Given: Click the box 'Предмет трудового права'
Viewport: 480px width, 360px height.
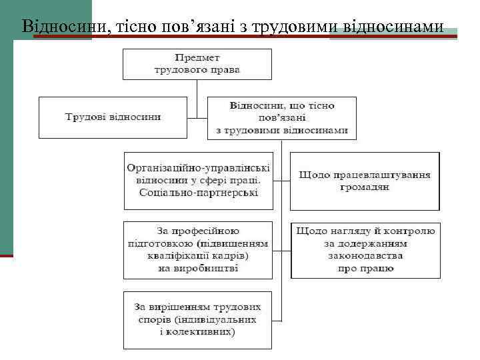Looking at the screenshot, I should pos(197,64).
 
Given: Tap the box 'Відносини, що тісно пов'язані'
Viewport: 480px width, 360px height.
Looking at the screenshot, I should pos(282,117).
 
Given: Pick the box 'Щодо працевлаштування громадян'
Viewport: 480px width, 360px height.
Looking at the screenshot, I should pos(365,181).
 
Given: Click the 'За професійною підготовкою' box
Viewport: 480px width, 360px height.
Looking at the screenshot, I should pos(198,249).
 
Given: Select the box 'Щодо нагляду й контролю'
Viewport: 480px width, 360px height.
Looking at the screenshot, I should pos(365,249).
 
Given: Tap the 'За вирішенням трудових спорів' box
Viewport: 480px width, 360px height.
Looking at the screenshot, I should pos(198,319).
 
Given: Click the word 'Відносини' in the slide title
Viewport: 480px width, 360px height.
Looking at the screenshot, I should pos(55,26).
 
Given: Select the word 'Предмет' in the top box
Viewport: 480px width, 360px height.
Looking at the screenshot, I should pos(197,58).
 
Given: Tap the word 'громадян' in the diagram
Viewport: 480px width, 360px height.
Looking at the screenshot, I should pos(365,187).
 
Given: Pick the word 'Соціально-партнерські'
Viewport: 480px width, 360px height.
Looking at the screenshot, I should pos(198,193).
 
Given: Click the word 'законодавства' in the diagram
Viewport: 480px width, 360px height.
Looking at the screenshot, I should pos(365,256).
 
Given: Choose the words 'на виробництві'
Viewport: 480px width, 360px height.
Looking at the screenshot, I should pos(198,268).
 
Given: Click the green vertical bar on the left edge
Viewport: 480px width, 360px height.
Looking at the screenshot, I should pos(6,147).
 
